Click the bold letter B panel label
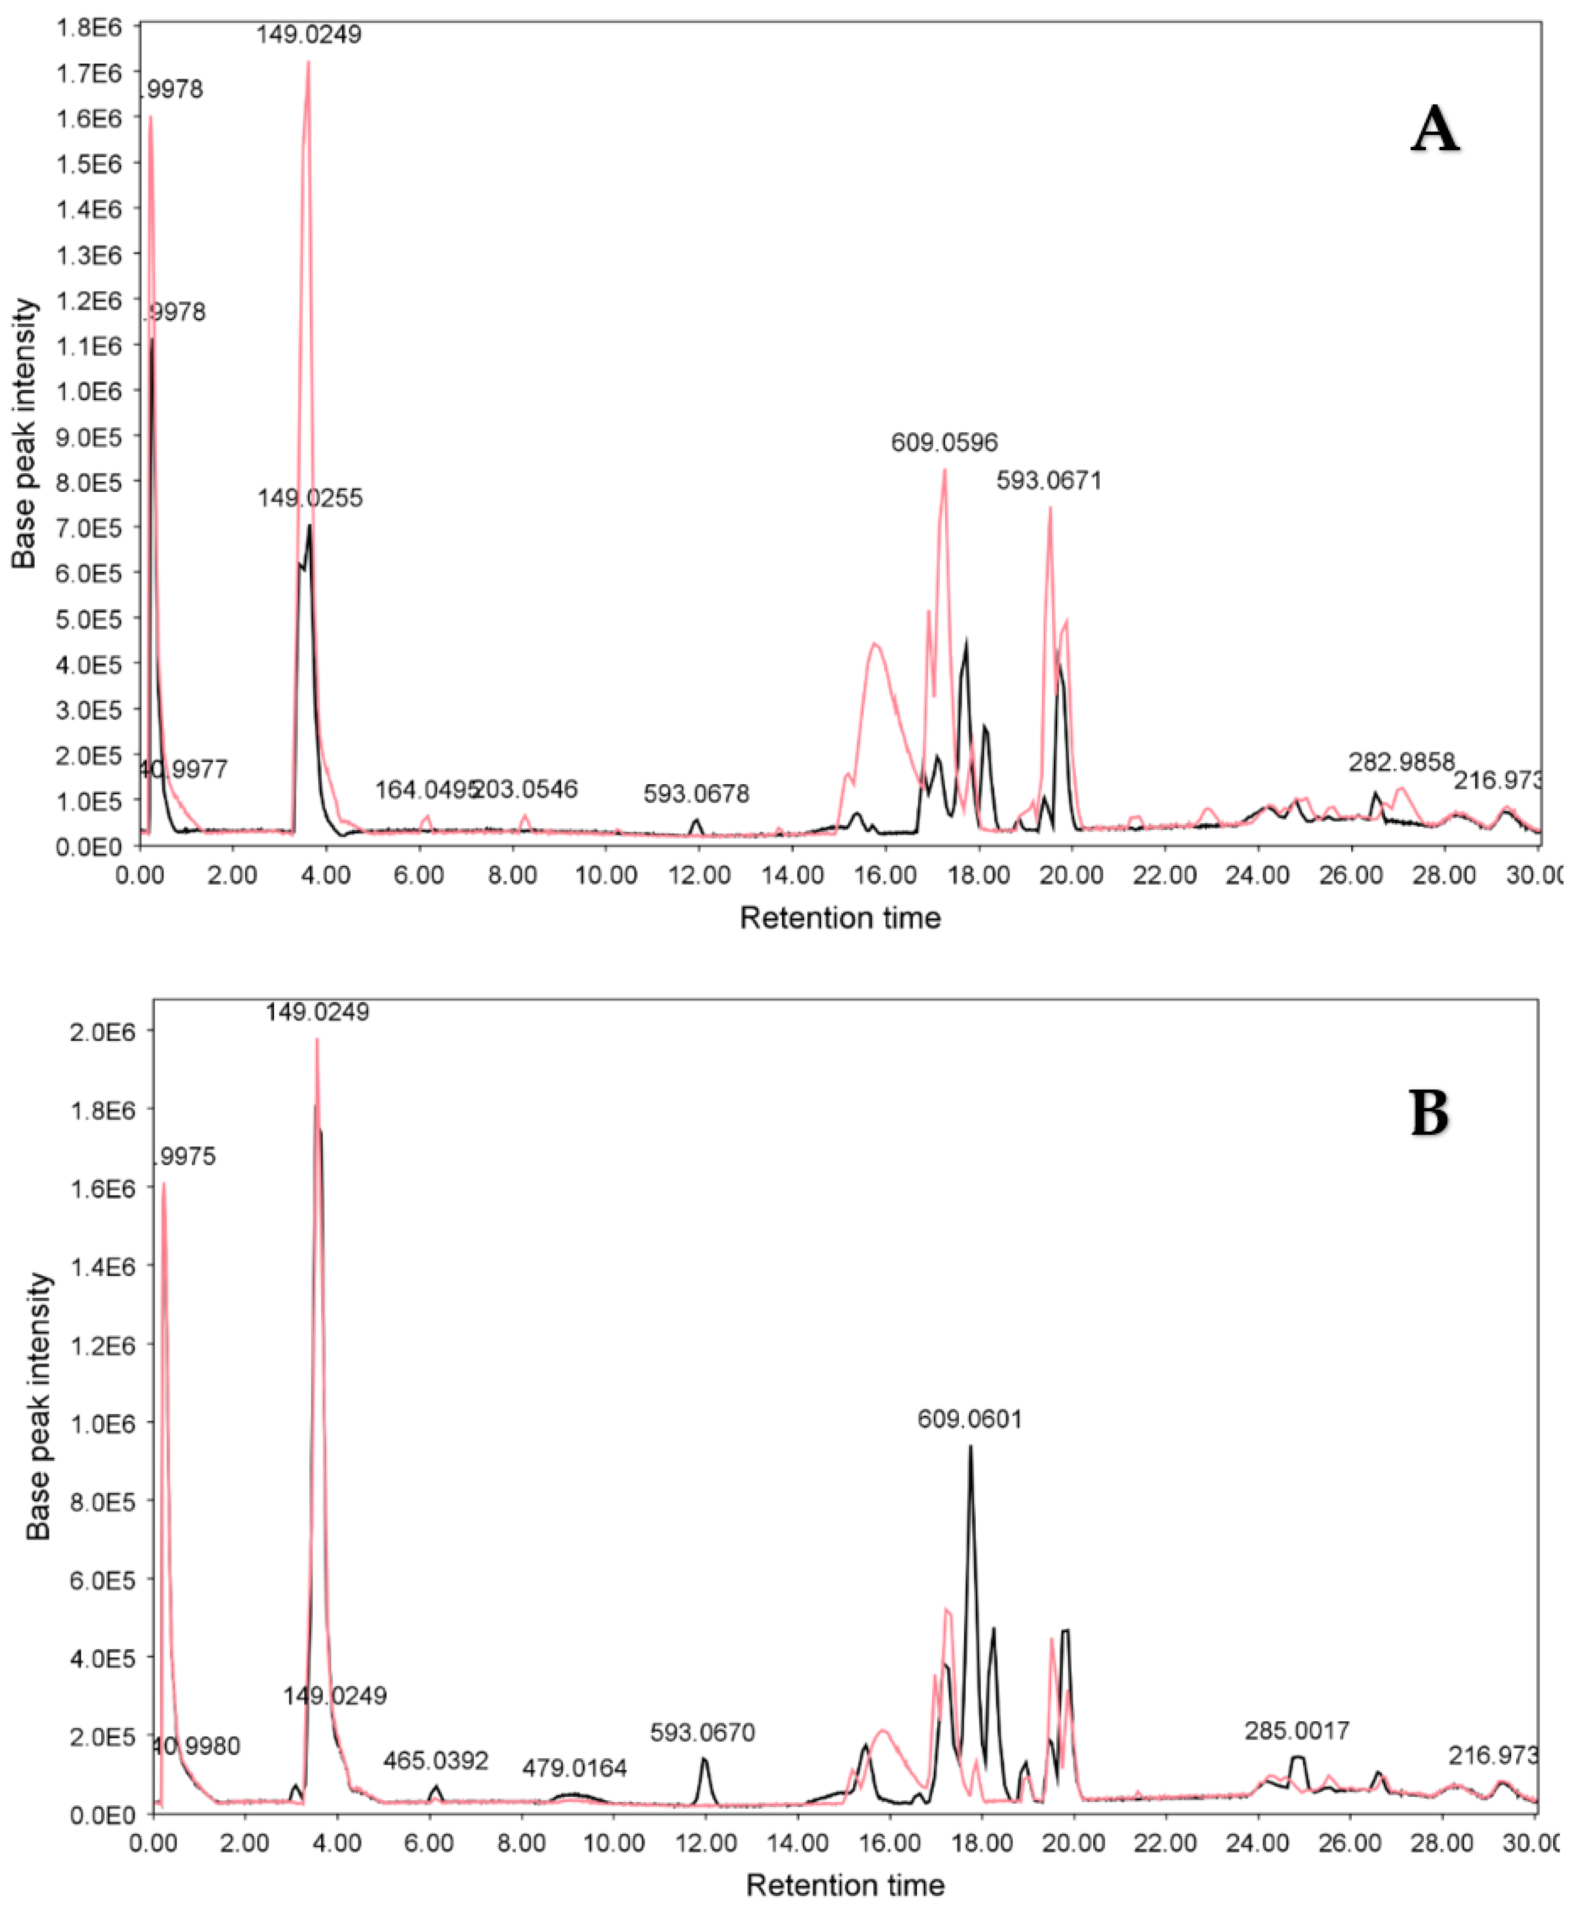pos(1429,1113)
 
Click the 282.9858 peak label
pos(1401,763)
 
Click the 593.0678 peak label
pos(696,794)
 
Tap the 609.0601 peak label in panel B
pos(969,1419)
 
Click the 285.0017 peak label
pos(1297,1731)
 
